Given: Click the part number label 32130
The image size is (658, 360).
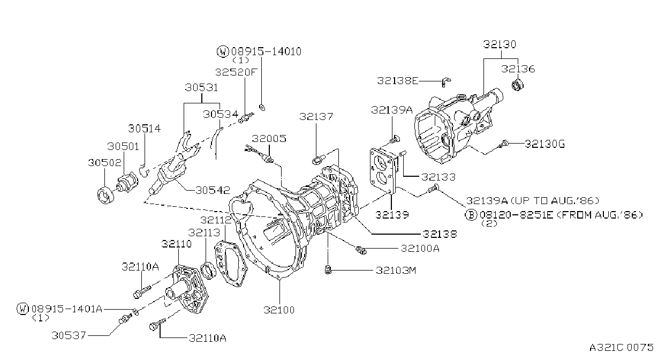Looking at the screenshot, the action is pyautogui.click(x=500, y=44).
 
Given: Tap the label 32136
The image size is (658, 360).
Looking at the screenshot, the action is pyautogui.click(x=518, y=69).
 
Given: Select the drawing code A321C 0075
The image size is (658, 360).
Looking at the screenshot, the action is pyautogui.click(x=621, y=348).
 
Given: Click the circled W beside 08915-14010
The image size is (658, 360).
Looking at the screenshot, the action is pyautogui.click(x=223, y=51).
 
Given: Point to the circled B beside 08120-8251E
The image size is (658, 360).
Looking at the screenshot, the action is pyautogui.click(x=471, y=215).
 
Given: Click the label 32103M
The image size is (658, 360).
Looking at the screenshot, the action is pyautogui.click(x=396, y=271).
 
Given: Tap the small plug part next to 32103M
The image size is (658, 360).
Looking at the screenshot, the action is pyautogui.click(x=328, y=270).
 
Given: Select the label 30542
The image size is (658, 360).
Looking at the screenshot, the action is pyautogui.click(x=213, y=190).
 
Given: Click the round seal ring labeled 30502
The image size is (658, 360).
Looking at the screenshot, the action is pyautogui.click(x=105, y=195).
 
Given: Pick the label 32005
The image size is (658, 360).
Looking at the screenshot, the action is pyautogui.click(x=269, y=139).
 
